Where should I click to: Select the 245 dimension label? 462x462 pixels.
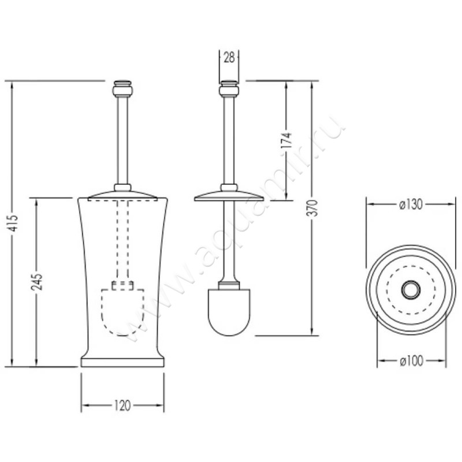[37, 282]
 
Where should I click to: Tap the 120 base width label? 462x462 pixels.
[122, 406]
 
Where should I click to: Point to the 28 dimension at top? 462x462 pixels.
[229, 58]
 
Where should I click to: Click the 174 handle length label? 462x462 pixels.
[286, 140]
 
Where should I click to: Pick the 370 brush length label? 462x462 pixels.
[312, 208]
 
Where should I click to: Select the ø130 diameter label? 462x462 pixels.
[411, 204]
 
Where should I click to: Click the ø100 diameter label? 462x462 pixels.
[411, 360]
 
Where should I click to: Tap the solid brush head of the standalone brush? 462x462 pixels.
[229, 312]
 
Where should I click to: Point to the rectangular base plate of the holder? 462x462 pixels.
[122, 363]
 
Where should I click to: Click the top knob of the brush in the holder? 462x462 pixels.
[122, 89]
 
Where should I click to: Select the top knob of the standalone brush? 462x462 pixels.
[229, 89]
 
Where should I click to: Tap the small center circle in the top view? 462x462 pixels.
[411, 290]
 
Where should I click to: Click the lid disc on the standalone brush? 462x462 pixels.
[229, 196]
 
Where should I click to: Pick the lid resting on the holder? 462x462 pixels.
[122, 195]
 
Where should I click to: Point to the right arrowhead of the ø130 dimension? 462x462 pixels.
[451, 204]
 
